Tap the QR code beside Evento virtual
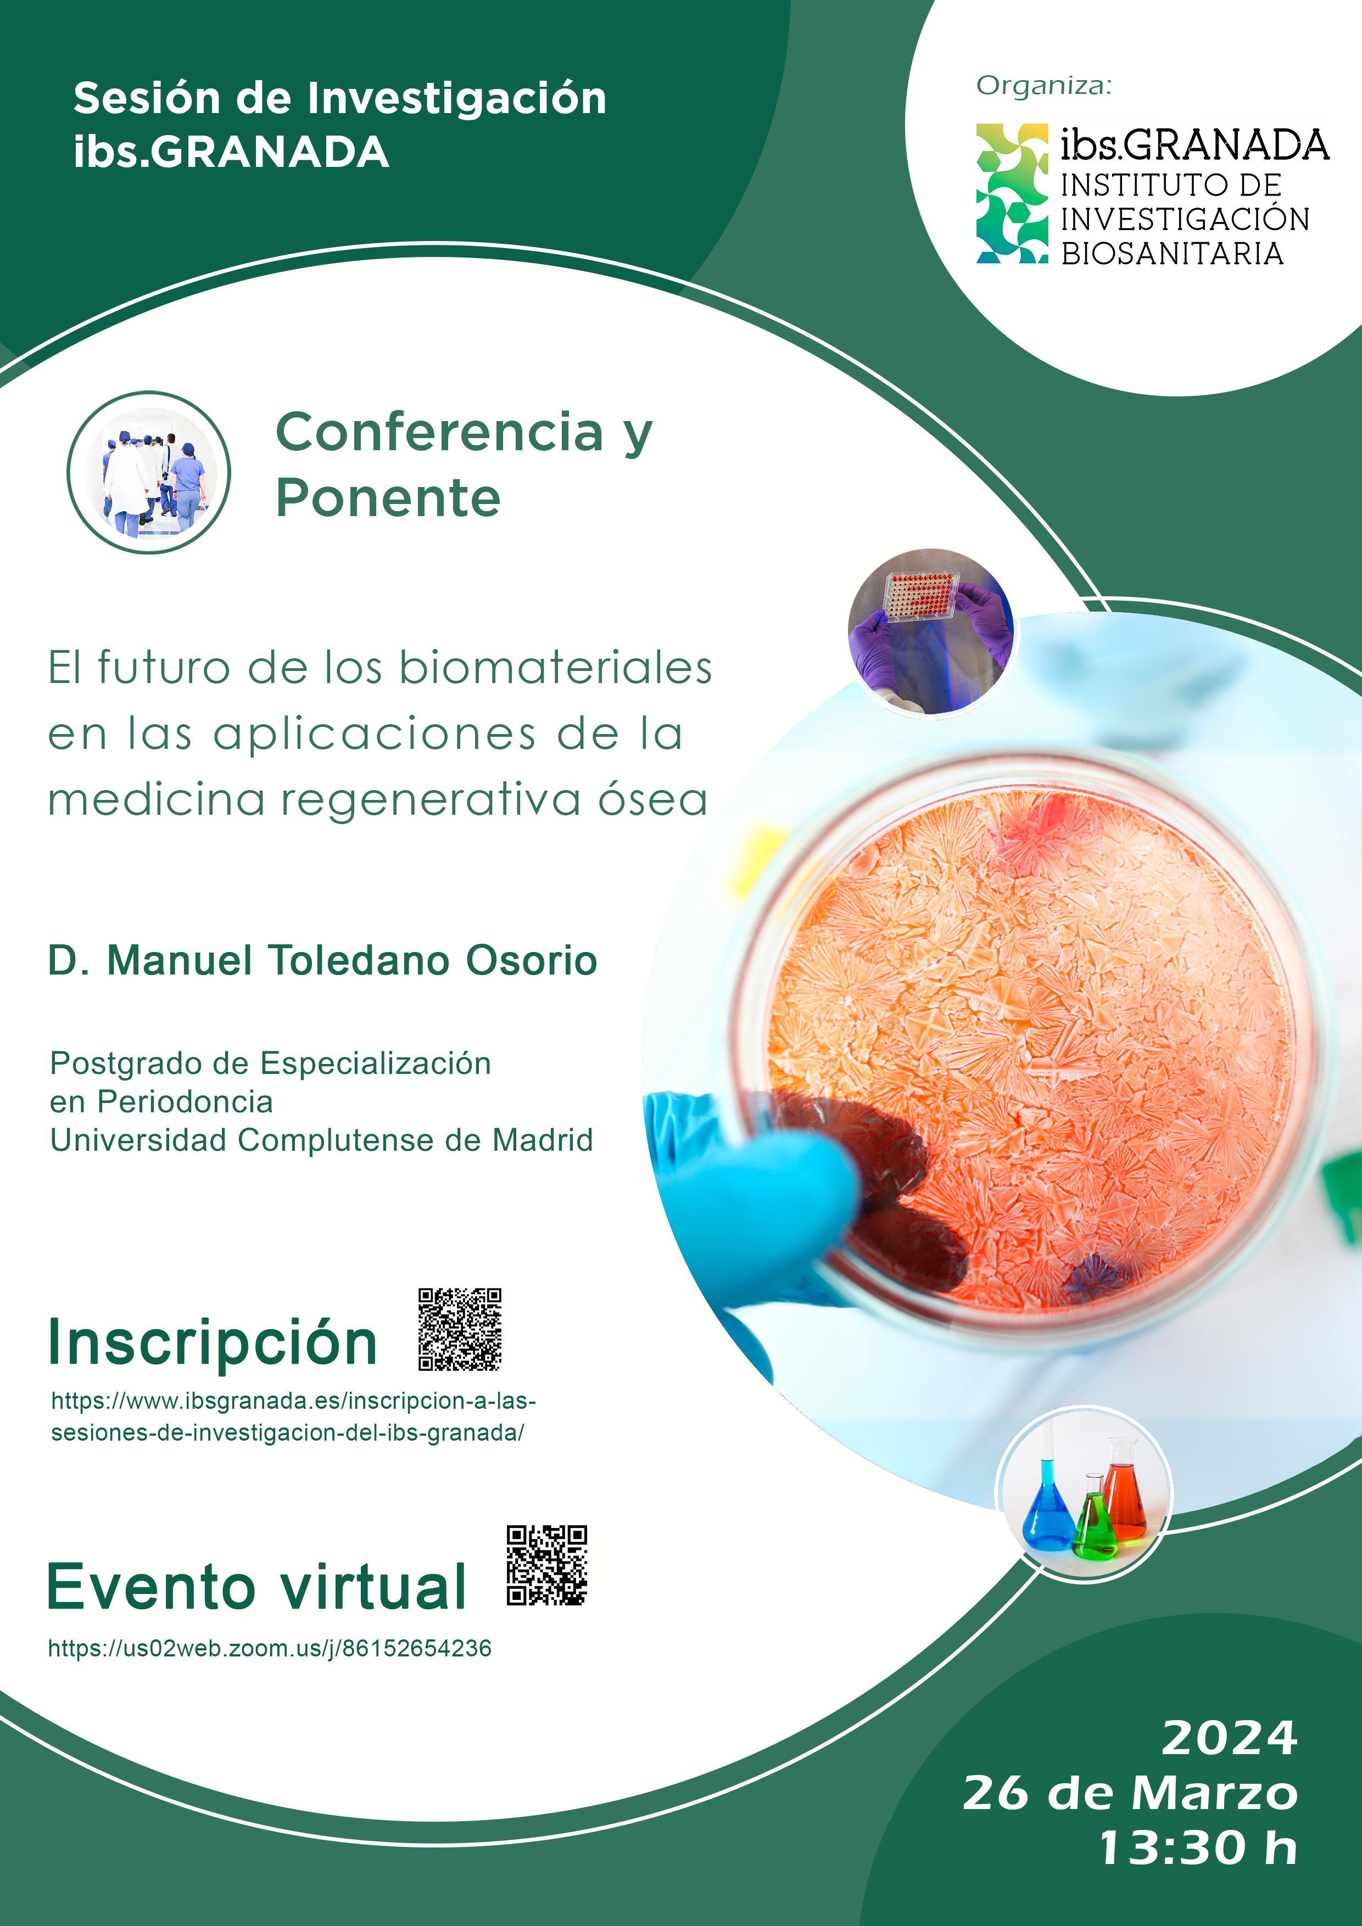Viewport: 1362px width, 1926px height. (x=546, y=1565)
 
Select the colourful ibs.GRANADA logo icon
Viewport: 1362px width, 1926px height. (x=1012, y=194)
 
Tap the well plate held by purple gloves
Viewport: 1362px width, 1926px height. (x=920, y=596)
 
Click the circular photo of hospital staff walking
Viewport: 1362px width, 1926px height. (x=148, y=472)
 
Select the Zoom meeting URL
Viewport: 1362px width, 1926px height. (x=269, y=1648)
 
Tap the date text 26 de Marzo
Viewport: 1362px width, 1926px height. (x=1130, y=1793)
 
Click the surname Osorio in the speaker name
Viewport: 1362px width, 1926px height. (x=531, y=960)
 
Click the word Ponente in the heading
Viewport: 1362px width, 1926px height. (x=388, y=499)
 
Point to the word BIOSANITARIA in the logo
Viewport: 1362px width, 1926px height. (x=1173, y=253)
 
